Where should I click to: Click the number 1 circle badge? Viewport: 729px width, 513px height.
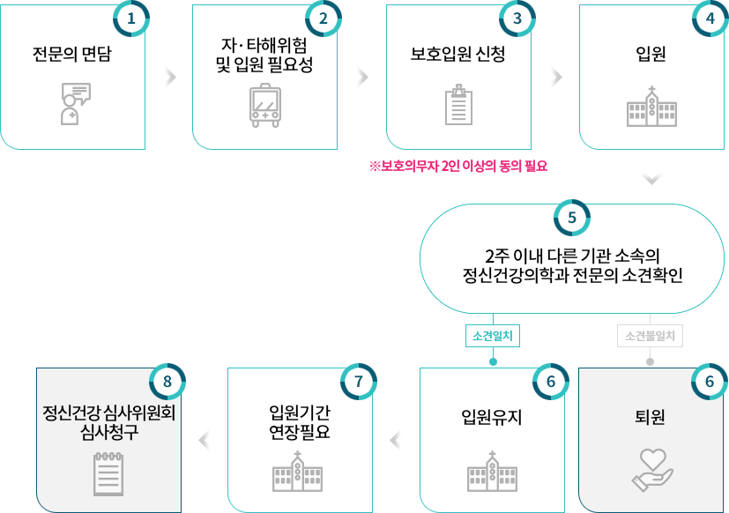[131, 19]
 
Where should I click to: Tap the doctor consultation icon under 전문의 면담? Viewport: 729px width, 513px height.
[74, 103]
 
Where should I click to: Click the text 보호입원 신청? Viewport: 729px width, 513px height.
[457, 55]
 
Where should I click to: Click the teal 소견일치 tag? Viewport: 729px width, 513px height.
[493, 336]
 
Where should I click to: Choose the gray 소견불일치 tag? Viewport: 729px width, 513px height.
[651, 336]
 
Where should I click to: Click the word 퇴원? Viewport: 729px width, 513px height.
[651, 417]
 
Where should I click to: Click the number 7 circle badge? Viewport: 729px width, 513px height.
[358, 382]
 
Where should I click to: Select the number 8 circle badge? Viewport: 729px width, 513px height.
[167, 382]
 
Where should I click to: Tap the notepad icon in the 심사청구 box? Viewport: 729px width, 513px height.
[108, 473]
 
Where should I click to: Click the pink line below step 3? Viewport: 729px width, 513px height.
[458, 165]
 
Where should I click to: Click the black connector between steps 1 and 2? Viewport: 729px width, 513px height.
[169, 77]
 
